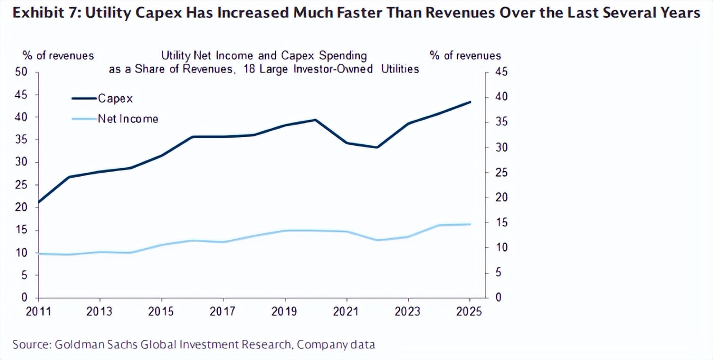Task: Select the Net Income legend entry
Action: [127, 119]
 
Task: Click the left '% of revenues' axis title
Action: [58, 55]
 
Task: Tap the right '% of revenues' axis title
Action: [465, 55]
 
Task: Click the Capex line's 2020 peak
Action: [316, 120]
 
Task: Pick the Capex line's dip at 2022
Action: [377, 148]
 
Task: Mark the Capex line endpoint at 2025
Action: [470, 102]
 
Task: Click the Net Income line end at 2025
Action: [470, 224]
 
